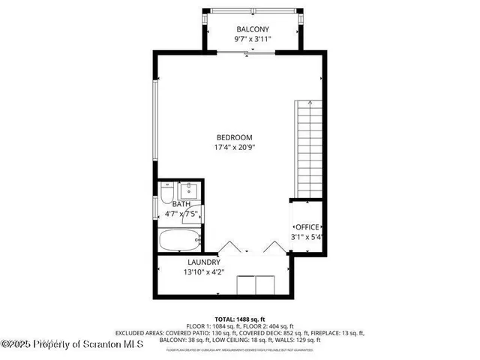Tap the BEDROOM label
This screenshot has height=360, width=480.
click(x=234, y=137)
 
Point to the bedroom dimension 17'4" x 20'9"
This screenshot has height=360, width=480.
click(x=234, y=148)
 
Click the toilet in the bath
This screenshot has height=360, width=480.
click(x=166, y=196)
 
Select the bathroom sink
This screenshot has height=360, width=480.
click(x=187, y=190)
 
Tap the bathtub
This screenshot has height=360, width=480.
click(x=180, y=241)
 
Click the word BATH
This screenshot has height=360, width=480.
click(x=181, y=204)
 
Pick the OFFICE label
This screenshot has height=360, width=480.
click(x=307, y=227)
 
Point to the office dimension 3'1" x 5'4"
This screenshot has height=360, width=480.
click(x=307, y=238)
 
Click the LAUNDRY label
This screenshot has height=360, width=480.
click(x=204, y=262)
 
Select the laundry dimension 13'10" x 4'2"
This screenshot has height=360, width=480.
click(x=204, y=273)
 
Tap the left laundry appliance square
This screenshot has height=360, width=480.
click(x=245, y=286)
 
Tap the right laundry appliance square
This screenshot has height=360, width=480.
click(x=265, y=286)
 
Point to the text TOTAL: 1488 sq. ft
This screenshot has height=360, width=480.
click(x=239, y=319)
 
